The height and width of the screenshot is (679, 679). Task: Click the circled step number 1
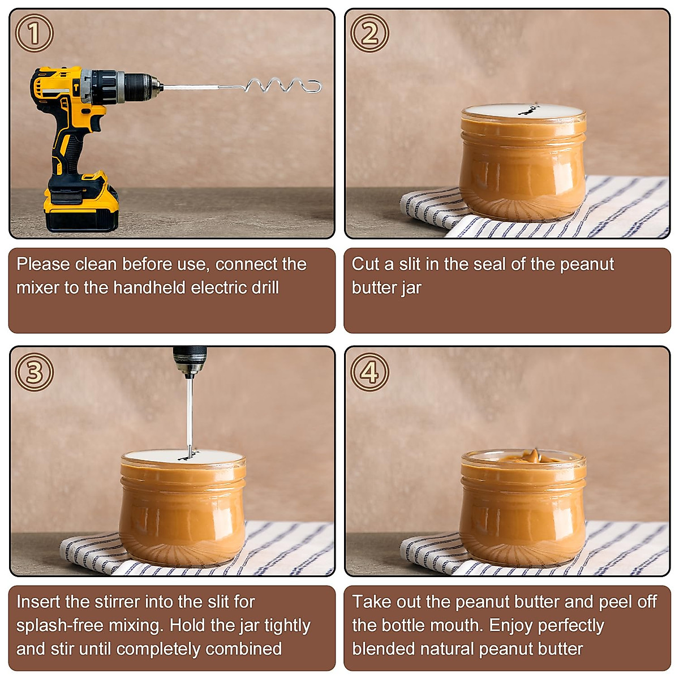point(34,33)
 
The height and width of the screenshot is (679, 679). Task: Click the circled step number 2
point(369,33)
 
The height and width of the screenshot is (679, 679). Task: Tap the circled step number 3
point(34,372)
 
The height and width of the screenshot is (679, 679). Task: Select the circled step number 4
point(369,372)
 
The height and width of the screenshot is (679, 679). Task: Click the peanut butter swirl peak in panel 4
point(534,454)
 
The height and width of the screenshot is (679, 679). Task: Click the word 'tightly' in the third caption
point(287,625)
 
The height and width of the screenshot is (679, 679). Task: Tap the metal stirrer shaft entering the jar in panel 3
point(190,419)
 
